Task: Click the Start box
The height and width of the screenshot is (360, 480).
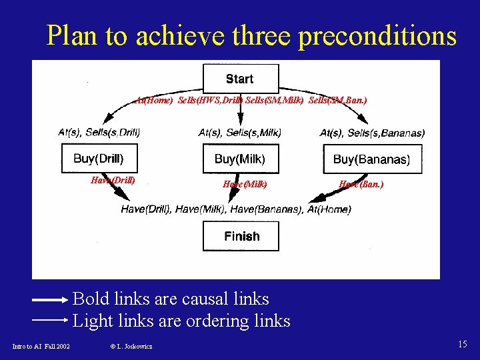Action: click(x=240, y=79)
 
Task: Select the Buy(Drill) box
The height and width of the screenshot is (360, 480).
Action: click(x=99, y=159)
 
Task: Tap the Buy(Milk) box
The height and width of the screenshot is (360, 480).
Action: click(x=240, y=159)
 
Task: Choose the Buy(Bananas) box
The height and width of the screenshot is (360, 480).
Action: click(x=371, y=159)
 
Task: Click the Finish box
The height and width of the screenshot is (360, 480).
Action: click(x=241, y=236)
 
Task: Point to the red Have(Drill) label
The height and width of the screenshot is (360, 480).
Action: click(x=113, y=180)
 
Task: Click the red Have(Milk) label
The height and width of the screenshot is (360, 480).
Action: click(x=245, y=184)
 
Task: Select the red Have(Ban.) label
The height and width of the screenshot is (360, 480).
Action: click(x=361, y=184)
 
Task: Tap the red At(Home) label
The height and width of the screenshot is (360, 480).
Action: click(x=154, y=100)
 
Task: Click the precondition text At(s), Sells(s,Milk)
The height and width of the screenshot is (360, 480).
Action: click(x=240, y=133)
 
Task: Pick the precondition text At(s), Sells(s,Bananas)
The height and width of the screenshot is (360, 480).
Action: click(x=372, y=133)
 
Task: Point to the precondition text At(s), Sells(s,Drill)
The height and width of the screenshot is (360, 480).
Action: click(x=99, y=133)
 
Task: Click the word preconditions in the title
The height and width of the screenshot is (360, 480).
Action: click(x=377, y=36)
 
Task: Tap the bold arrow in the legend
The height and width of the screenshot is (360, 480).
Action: click(x=50, y=300)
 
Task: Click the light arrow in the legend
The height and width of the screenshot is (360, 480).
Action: click(x=50, y=320)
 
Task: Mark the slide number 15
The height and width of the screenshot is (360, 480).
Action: click(x=462, y=344)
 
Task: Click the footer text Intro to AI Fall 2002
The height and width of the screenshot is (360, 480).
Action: click(x=41, y=346)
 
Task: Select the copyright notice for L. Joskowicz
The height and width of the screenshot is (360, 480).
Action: click(x=131, y=346)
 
